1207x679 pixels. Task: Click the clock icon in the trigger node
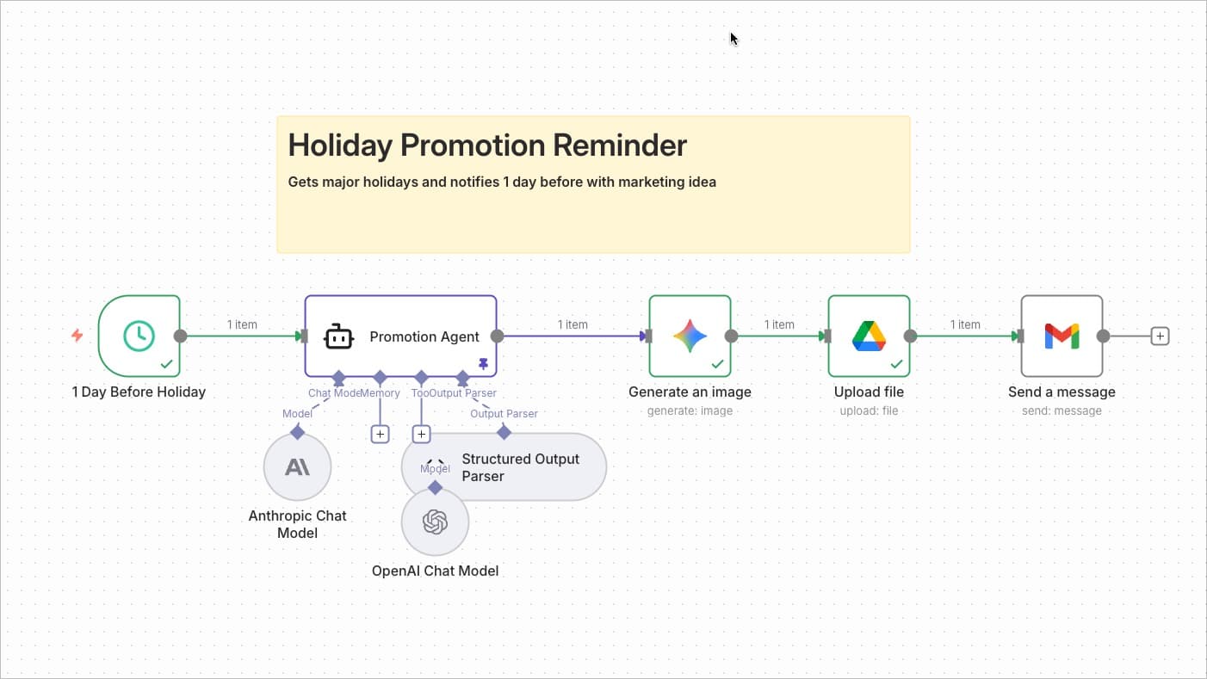pos(139,336)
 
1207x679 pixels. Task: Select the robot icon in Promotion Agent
pos(338,336)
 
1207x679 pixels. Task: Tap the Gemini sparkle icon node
pos(690,336)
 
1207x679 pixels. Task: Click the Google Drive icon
pos(869,336)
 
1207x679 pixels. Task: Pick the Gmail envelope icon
pos(1062,336)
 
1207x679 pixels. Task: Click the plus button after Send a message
pos(1160,336)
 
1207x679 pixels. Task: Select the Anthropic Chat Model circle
pos(297,467)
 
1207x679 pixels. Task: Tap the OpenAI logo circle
pos(435,522)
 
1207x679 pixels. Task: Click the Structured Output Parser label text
pos(520,467)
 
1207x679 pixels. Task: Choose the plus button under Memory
pos(380,435)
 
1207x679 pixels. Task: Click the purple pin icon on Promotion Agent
pos(483,365)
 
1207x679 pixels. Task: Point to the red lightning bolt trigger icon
pos(77,336)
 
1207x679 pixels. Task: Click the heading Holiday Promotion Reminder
pos(487,145)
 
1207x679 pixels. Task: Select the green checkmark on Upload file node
pos(896,365)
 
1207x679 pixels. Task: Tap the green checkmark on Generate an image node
pos(717,365)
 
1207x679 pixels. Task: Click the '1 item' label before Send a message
pos(965,324)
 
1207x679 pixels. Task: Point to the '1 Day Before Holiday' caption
pos(139,392)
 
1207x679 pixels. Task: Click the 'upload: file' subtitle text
pos(869,410)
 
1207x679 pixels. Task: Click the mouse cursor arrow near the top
pos(733,39)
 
